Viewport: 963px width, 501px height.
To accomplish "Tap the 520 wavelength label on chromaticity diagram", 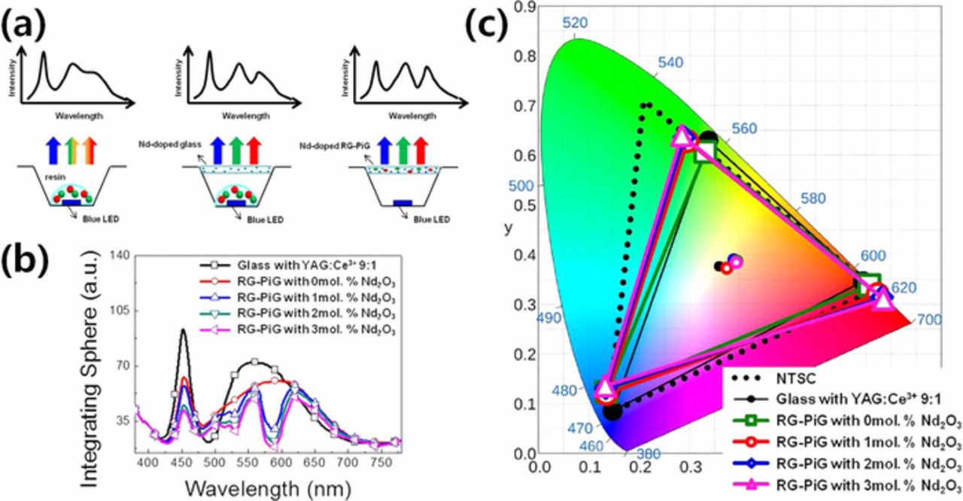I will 576,23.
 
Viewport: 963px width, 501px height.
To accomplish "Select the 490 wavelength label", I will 549,318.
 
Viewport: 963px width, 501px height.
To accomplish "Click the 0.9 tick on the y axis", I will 525,8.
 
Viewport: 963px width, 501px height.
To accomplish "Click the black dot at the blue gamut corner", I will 612,411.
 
